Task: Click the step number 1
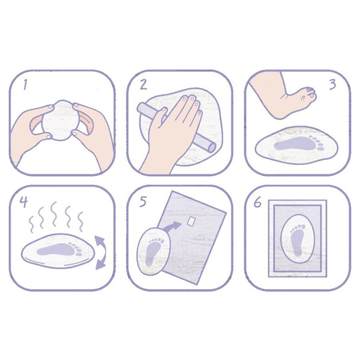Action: click(25, 84)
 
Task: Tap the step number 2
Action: click(144, 84)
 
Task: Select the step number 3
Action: click(333, 84)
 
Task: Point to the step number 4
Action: click(24, 202)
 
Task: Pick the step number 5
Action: click(143, 202)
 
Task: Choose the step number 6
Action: click(258, 203)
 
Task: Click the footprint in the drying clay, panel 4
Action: click(59, 249)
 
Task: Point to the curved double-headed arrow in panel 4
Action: click(103, 252)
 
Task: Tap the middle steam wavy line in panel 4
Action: click(53, 214)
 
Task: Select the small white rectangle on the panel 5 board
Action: click(191, 221)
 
